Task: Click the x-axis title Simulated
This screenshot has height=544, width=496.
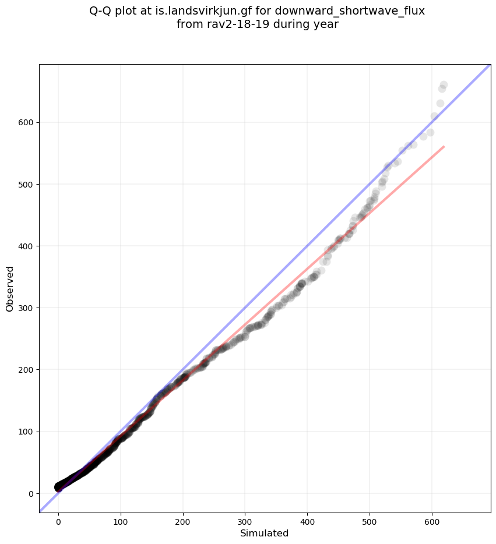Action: (265, 534)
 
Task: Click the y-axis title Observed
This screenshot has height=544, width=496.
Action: (10, 288)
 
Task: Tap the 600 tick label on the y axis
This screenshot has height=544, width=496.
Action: (26, 123)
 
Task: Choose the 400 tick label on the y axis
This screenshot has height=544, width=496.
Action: (26, 246)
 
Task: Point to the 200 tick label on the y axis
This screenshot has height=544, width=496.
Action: (26, 370)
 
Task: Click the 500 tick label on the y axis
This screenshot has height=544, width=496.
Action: (26, 185)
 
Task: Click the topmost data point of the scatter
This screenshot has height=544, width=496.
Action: (444, 85)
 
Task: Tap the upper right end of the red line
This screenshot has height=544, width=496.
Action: (444, 146)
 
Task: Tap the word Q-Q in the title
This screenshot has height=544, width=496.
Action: (101, 11)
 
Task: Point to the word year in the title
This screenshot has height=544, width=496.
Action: (327, 24)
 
